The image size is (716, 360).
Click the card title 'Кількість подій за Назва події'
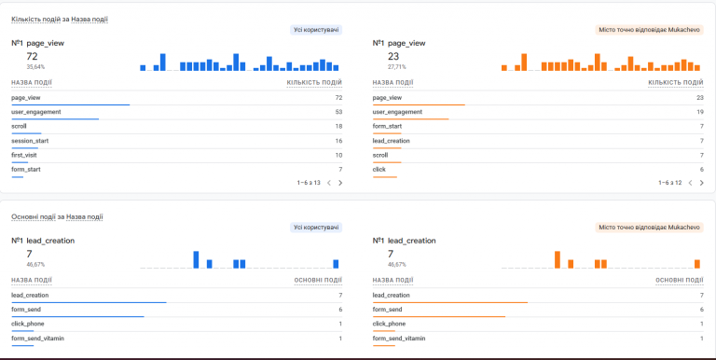[x=60, y=20]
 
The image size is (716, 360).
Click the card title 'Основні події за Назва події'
[x=57, y=216]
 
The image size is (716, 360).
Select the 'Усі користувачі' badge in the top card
[x=316, y=30]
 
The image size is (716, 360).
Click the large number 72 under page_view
[x=32, y=56]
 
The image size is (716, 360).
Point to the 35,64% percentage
[x=35, y=67]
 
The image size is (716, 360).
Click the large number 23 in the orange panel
[x=393, y=56]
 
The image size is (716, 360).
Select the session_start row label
[x=30, y=141]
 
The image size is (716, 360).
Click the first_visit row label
[x=24, y=155]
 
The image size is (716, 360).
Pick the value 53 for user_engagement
[x=338, y=112]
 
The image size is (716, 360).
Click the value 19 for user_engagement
[x=699, y=112]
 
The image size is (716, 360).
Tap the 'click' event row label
[x=379, y=169]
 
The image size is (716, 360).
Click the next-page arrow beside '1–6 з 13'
[x=340, y=183]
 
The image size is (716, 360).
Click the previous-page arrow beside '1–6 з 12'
[x=690, y=183]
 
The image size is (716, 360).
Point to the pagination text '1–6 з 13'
[x=309, y=183]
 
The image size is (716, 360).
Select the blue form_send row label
[x=26, y=310]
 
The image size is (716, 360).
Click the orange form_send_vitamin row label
[x=399, y=338]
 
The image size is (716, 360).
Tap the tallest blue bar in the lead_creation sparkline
[x=196, y=259]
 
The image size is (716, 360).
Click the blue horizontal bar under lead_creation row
[x=89, y=302]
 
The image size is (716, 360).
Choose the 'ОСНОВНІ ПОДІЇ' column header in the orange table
[x=680, y=280]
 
